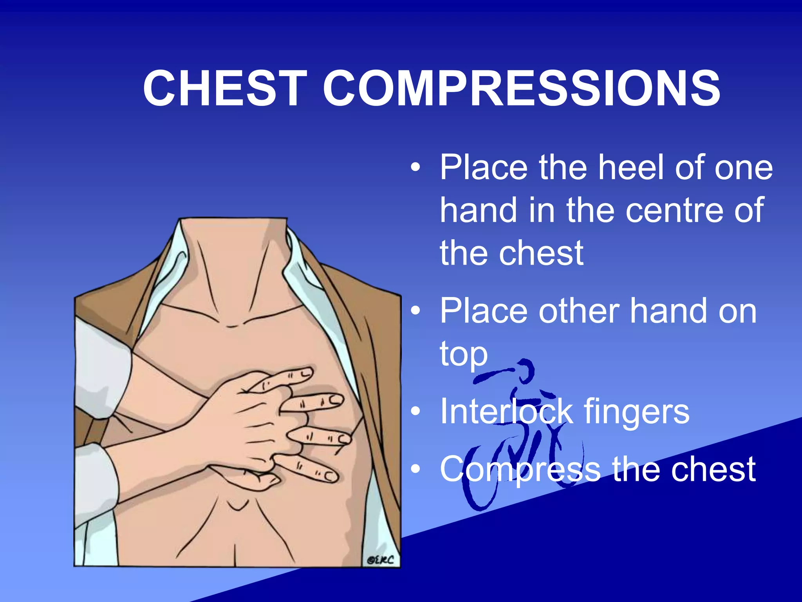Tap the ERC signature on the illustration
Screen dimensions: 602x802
[x=380, y=560]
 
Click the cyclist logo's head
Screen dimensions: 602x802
[x=525, y=370]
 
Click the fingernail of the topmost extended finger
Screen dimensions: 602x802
[x=306, y=372]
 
